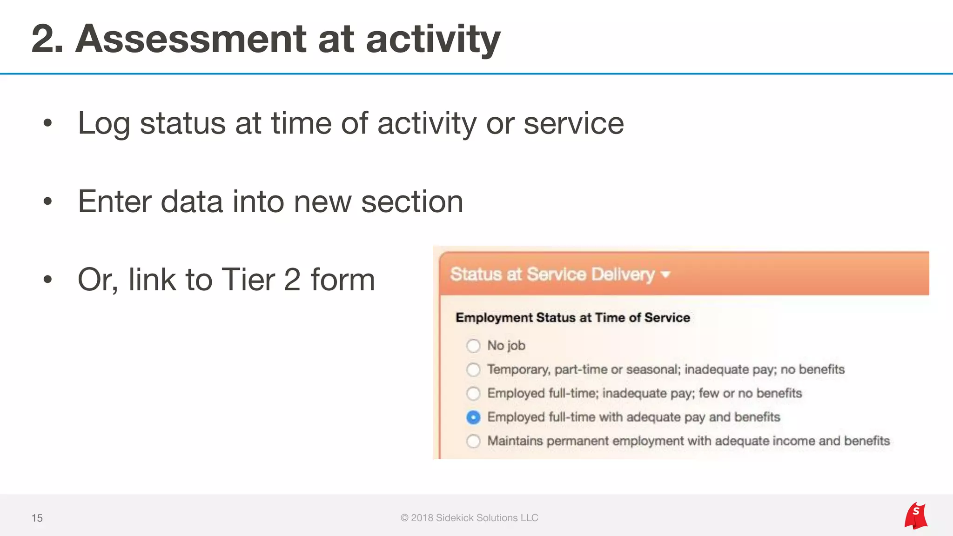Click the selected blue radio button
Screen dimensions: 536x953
473,417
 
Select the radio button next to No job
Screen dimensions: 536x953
473,346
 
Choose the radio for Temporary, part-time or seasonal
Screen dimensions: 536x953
473,369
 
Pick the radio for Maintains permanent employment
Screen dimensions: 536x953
473,441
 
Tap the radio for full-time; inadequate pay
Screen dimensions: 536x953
473,394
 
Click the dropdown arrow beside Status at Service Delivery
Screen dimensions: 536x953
666,275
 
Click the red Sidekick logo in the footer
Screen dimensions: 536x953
916,516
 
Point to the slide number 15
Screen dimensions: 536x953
37,518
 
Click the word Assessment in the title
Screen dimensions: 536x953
191,39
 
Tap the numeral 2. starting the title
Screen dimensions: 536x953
47,39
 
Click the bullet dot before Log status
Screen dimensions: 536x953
47,123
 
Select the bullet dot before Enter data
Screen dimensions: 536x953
47,201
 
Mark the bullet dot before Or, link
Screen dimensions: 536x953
47,280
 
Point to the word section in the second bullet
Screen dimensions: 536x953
412,202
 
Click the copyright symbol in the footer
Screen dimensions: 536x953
404,518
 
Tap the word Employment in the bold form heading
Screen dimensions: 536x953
494,318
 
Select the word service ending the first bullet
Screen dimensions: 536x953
573,124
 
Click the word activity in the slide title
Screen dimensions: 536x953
433,39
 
